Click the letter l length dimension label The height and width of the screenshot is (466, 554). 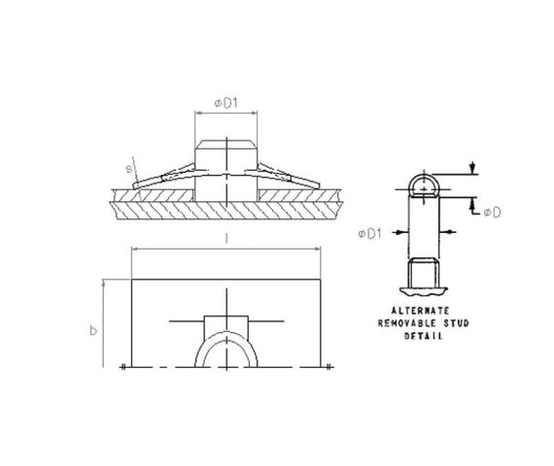(225, 238)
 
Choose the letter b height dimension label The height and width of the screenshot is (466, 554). (92, 330)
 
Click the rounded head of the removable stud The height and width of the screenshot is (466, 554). (421, 183)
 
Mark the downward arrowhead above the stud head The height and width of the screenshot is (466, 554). (472, 169)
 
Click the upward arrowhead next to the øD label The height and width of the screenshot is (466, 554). (472, 201)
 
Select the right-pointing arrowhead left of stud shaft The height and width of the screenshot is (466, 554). (398, 232)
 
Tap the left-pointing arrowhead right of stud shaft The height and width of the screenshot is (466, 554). (444, 232)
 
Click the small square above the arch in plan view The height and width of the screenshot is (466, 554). (225, 326)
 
